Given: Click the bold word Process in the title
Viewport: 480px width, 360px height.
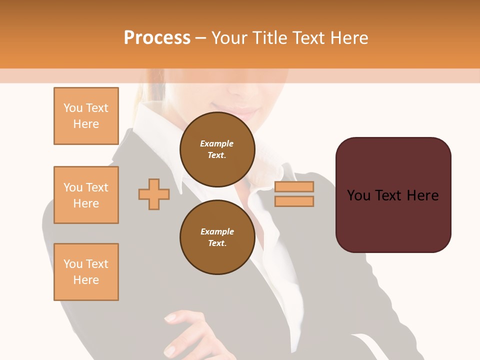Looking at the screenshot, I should coord(157,38).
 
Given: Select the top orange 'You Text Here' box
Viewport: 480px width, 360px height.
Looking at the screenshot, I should coord(86,116).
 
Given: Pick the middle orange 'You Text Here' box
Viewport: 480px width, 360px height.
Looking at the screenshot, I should coord(86,195).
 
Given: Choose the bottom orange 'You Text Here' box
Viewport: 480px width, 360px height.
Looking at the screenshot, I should coord(86,272).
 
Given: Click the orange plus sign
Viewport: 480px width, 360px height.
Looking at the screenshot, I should coord(154,194).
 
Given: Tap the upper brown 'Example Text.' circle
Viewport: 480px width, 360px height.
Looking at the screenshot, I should coord(217,149).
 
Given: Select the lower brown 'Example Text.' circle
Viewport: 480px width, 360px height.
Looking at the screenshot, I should coord(217,237).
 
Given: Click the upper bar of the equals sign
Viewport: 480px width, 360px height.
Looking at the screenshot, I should coord(294,186).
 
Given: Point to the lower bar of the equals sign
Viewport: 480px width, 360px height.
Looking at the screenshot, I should coord(294,201).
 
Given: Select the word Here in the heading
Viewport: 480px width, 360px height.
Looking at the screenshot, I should coord(349,38).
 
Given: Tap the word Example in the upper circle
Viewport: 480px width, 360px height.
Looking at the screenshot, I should coord(217,143).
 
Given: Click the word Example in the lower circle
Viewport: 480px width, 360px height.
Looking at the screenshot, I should coord(217,231).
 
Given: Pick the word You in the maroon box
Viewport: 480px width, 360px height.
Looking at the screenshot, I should coord(358,195).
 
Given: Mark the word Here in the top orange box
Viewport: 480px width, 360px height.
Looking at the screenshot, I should coord(86,124).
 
